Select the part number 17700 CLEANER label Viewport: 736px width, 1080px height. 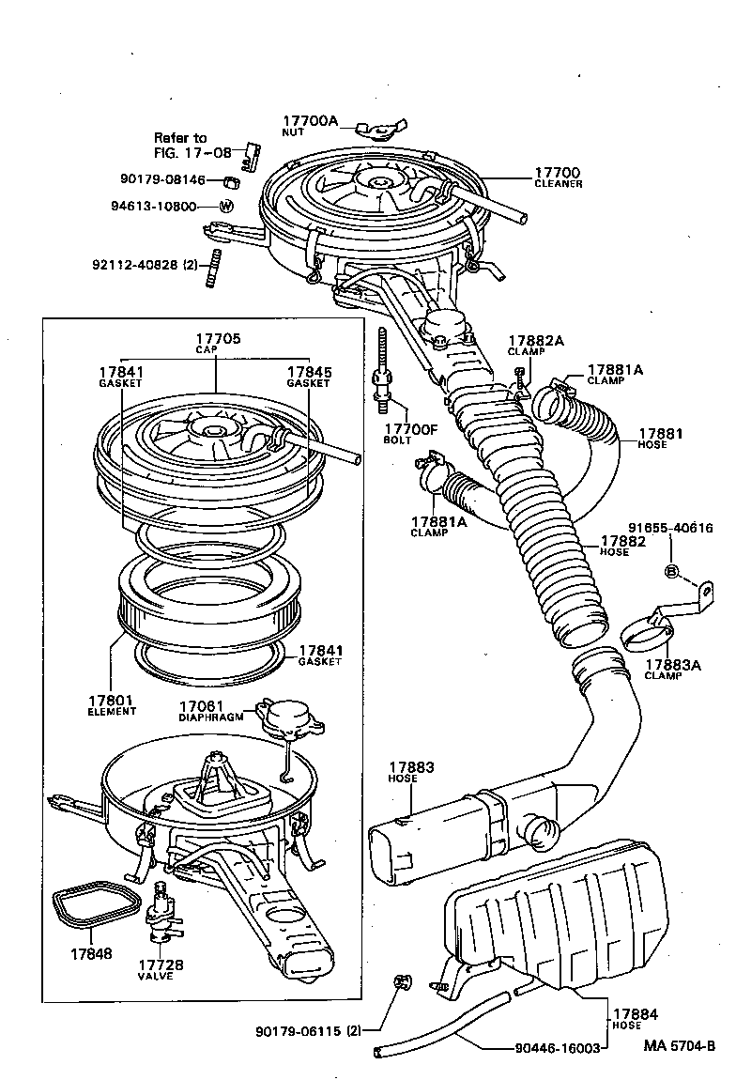[558, 177]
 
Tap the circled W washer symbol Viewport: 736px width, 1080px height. [226, 207]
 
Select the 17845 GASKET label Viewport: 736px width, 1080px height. [309, 377]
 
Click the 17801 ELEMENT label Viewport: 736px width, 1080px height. [113, 704]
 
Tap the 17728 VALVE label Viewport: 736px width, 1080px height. [161, 969]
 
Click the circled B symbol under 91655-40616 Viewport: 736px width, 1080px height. [671, 571]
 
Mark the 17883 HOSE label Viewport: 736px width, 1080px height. [410, 773]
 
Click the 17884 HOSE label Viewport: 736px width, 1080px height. [636, 1019]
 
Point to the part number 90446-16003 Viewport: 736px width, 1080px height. [557, 1048]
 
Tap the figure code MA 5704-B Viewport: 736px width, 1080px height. [680, 1044]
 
